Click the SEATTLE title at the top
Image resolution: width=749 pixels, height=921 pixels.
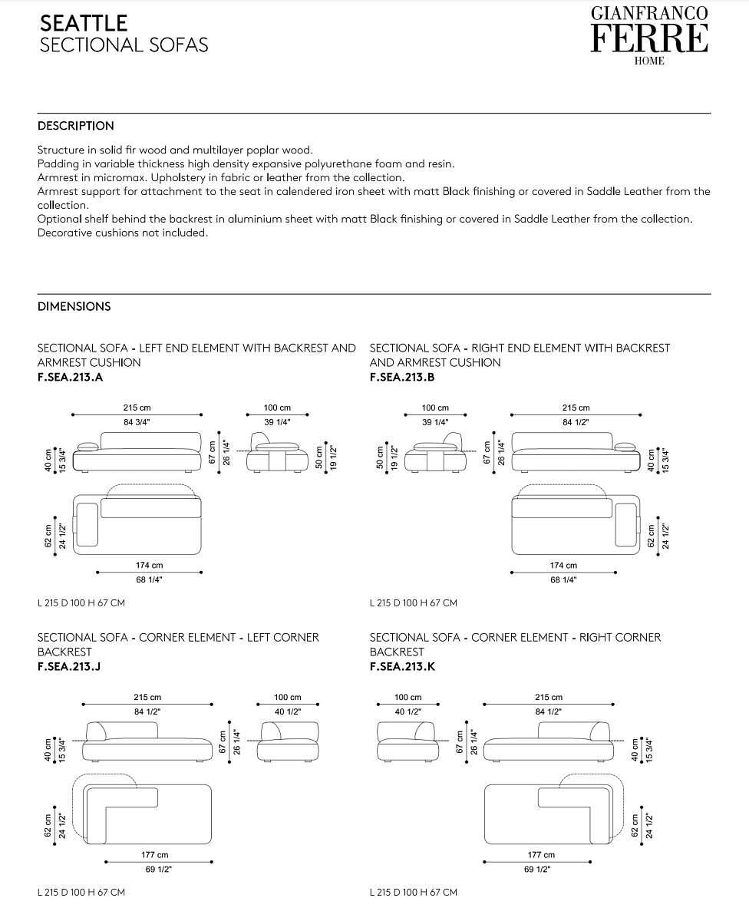coord(84,22)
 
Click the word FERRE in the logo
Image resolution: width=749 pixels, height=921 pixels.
coord(648,38)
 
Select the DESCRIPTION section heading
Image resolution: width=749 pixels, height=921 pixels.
coord(75,126)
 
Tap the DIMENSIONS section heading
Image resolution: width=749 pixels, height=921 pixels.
coord(74,306)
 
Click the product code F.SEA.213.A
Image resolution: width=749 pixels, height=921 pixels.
coord(70,377)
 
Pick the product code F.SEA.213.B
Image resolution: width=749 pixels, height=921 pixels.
coord(402,377)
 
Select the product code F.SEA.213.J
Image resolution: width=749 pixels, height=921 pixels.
coord(69,666)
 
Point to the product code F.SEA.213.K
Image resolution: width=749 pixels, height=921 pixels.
coord(402,666)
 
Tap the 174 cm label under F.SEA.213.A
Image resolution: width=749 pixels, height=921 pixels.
coord(149,565)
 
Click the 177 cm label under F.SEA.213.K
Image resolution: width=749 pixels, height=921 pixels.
coord(541,854)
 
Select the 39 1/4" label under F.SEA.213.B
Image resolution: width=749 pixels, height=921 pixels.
coord(435,422)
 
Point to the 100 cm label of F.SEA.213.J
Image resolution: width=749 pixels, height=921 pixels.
coord(287,697)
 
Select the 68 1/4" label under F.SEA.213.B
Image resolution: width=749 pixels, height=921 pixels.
coord(563,580)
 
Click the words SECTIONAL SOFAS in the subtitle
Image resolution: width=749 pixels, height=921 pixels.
coord(124,45)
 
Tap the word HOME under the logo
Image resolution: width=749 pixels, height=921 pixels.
coord(649,61)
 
